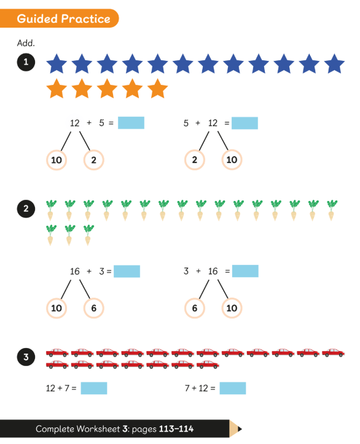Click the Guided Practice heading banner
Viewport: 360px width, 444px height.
point(59,18)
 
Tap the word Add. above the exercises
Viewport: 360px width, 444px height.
point(26,43)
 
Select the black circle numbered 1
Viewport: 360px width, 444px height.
point(26,62)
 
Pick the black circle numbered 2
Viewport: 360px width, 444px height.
point(26,208)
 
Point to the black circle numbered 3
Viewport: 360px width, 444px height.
point(26,357)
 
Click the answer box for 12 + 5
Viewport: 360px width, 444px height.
point(131,123)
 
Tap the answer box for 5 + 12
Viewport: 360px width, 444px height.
point(245,123)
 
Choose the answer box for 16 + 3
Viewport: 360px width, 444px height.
point(127,271)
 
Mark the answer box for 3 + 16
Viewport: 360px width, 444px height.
point(245,271)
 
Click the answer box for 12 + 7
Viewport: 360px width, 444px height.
point(94,388)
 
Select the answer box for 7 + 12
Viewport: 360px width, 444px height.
point(233,388)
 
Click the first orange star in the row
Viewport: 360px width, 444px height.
point(57,89)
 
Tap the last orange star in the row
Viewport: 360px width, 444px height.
point(157,89)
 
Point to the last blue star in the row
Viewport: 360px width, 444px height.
point(334,64)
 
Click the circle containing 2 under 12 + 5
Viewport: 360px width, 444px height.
point(93,160)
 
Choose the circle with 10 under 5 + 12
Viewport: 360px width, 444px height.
point(232,160)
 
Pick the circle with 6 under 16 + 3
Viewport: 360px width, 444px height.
point(93,308)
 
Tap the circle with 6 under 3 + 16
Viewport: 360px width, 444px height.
point(195,308)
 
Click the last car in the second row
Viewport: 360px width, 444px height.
point(208,365)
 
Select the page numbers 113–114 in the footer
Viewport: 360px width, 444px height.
point(176,429)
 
